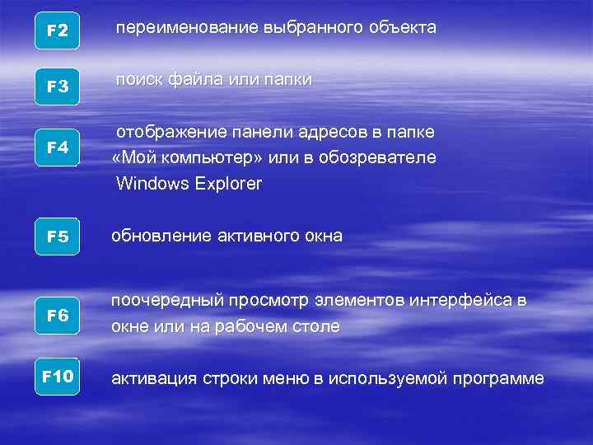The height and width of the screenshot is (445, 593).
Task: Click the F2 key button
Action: click(58, 31)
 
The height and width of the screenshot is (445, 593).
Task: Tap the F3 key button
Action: click(58, 87)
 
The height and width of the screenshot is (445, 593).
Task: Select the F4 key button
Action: click(58, 148)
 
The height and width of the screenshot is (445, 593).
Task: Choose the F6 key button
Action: click(58, 316)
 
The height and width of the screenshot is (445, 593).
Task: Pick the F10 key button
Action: click(58, 377)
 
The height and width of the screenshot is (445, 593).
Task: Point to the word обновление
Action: click(161, 237)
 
